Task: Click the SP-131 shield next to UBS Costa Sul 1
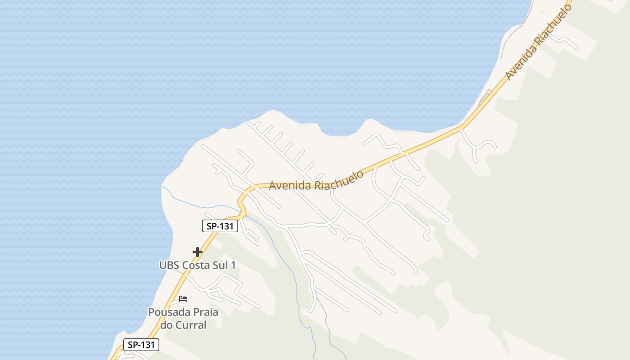point(220,226)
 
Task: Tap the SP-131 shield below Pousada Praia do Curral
point(141,345)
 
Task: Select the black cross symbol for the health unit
point(197,252)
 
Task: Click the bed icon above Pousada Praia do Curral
point(183,298)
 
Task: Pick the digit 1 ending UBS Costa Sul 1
point(233,265)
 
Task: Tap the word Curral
point(191,325)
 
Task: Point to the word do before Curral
point(168,325)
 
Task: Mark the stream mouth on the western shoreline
point(162,186)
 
